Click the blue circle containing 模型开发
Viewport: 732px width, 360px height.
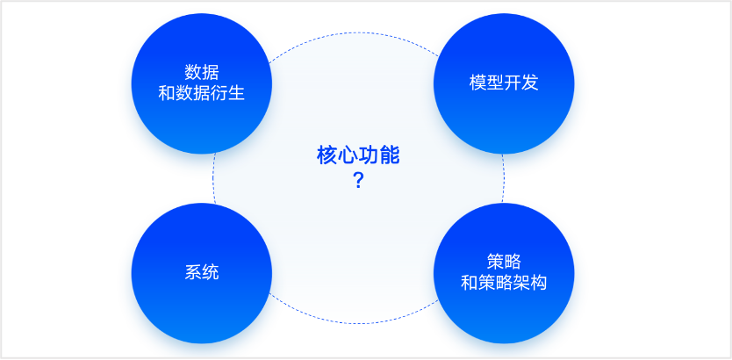click(504, 83)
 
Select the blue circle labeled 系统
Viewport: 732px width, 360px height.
click(202, 273)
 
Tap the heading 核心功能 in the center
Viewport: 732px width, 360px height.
click(358, 155)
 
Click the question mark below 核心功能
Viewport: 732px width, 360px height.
click(358, 180)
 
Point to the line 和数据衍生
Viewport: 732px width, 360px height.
click(202, 93)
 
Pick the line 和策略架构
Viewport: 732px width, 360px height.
click(504, 283)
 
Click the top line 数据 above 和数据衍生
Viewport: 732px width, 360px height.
click(202, 72)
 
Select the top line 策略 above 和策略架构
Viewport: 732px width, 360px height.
click(504, 262)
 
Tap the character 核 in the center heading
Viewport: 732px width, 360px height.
click(327, 155)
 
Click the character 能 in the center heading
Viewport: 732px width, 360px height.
click(390, 155)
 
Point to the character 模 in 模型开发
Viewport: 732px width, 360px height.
click(477, 83)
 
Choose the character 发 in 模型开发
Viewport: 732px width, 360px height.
click(530, 83)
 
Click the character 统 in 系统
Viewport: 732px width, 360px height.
click(211, 273)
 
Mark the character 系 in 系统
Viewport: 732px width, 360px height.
click(193, 273)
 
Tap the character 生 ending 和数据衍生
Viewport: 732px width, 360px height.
click(237, 93)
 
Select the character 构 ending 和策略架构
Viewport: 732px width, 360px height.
click(539, 283)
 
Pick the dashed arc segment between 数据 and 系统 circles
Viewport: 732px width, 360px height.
click(213, 178)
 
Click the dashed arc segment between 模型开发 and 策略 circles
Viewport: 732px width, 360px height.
click(504, 178)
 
